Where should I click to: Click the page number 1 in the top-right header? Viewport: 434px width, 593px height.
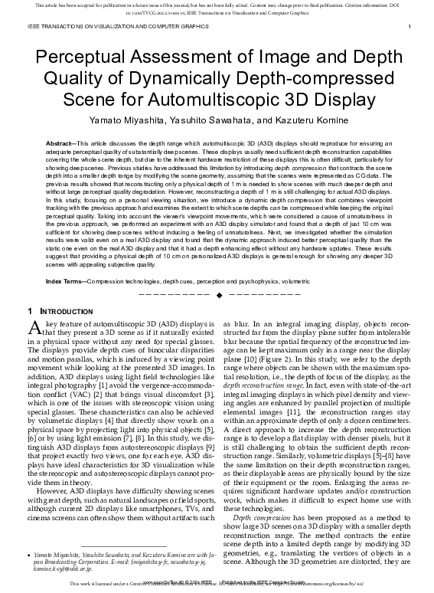point(411,27)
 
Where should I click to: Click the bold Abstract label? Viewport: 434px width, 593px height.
point(60,143)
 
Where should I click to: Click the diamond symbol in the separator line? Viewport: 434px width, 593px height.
point(220,274)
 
